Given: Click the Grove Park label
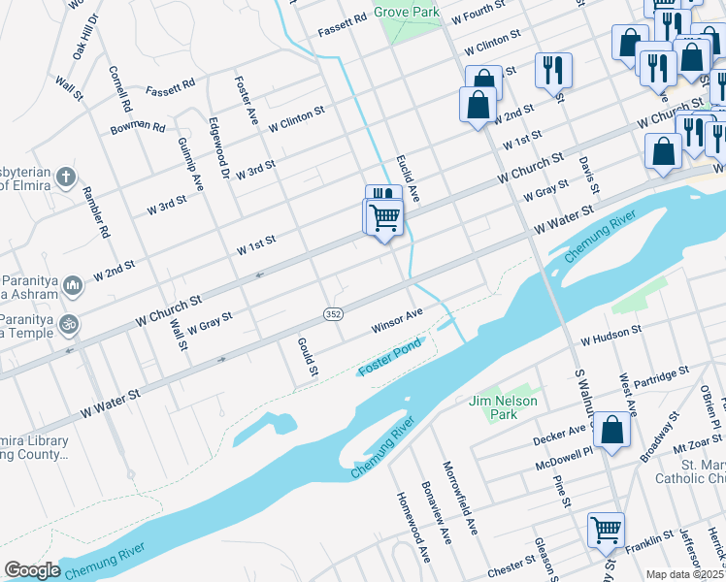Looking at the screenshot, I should pyautogui.click(x=408, y=13).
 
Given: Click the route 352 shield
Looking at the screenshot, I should pyautogui.click(x=333, y=314).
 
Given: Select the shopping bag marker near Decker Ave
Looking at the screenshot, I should pyautogui.click(x=611, y=432).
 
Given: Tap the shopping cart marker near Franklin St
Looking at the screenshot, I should pyautogui.click(x=606, y=531).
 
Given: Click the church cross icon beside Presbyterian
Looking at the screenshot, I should pyautogui.click(x=65, y=178).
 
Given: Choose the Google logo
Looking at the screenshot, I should pyautogui.click(x=32, y=570).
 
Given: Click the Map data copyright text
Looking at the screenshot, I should pyautogui.click(x=685, y=574).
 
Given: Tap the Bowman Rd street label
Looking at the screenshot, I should pyautogui.click(x=137, y=125).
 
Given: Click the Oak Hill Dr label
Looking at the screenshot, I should pyautogui.click(x=85, y=36).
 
